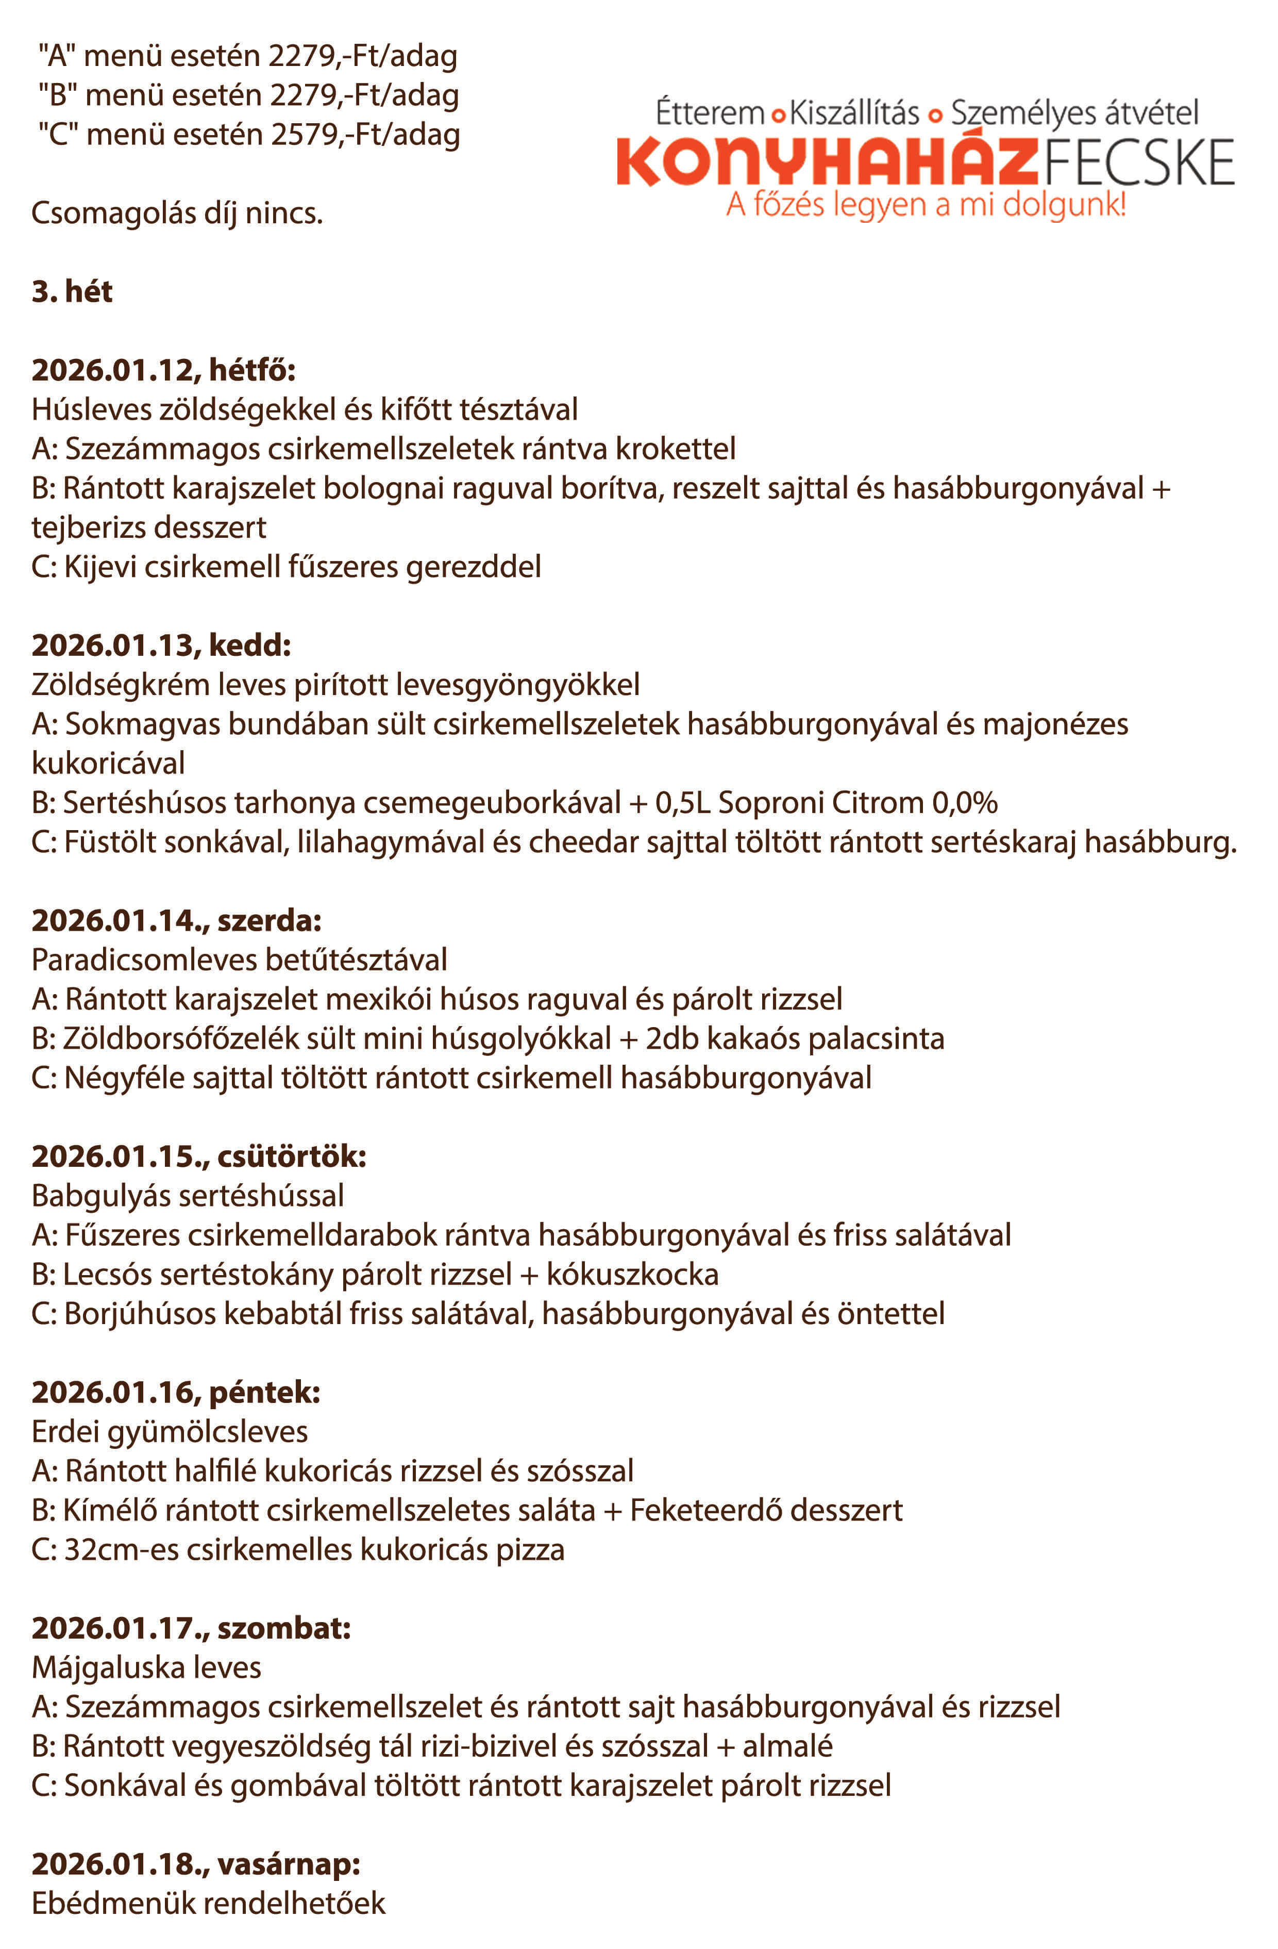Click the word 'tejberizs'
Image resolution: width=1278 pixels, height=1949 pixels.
pos(92,527)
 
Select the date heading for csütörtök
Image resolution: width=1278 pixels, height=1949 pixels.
pos(199,1157)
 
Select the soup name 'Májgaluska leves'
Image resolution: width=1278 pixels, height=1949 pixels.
pos(146,1667)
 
